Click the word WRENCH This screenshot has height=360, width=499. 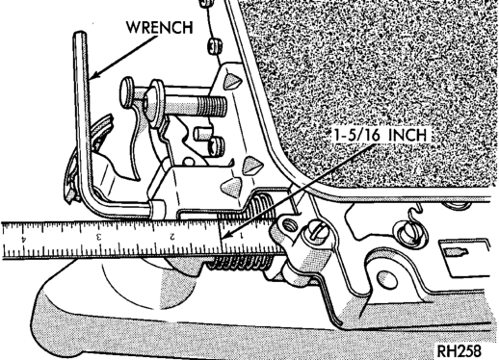[160, 27]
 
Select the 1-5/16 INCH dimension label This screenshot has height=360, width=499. [381, 135]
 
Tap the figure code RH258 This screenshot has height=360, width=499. [460, 350]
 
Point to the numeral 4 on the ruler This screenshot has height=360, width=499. [23, 239]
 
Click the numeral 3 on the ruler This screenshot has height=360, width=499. [99, 238]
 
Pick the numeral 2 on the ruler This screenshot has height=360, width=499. [172, 237]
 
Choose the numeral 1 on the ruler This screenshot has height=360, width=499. [241, 236]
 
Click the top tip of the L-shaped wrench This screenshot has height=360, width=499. [80, 32]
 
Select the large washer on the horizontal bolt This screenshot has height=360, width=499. [156, 103]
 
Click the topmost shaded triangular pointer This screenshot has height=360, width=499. [232, 81]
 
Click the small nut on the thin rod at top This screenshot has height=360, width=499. [213, 45]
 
